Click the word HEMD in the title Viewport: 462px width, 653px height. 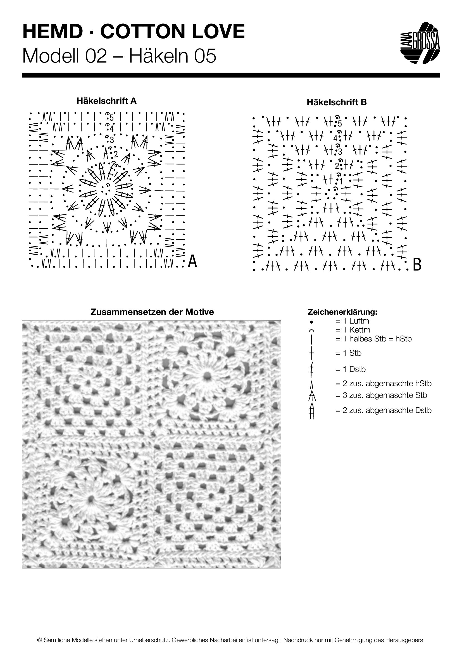52,32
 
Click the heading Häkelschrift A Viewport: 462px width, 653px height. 106,101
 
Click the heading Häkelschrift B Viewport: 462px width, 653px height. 337,102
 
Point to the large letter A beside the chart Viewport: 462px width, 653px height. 193,261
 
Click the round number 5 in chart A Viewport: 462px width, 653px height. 111,118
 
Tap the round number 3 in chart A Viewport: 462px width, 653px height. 111,140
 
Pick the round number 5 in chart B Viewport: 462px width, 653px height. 340,124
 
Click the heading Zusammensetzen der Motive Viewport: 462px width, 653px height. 152,312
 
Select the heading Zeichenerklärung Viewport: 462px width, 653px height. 342,312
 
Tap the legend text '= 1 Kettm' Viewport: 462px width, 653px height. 353,330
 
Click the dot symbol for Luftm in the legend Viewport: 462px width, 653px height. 312,322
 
